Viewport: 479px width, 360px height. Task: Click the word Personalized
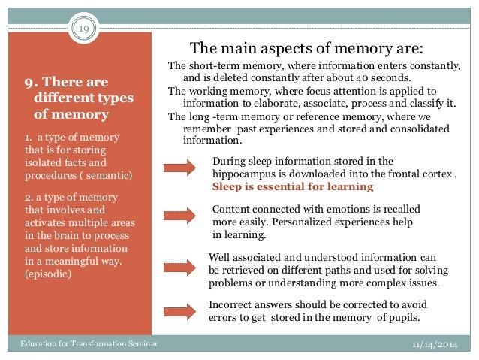[x=297, y=222]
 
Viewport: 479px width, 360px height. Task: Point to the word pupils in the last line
[x=402, y=317]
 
